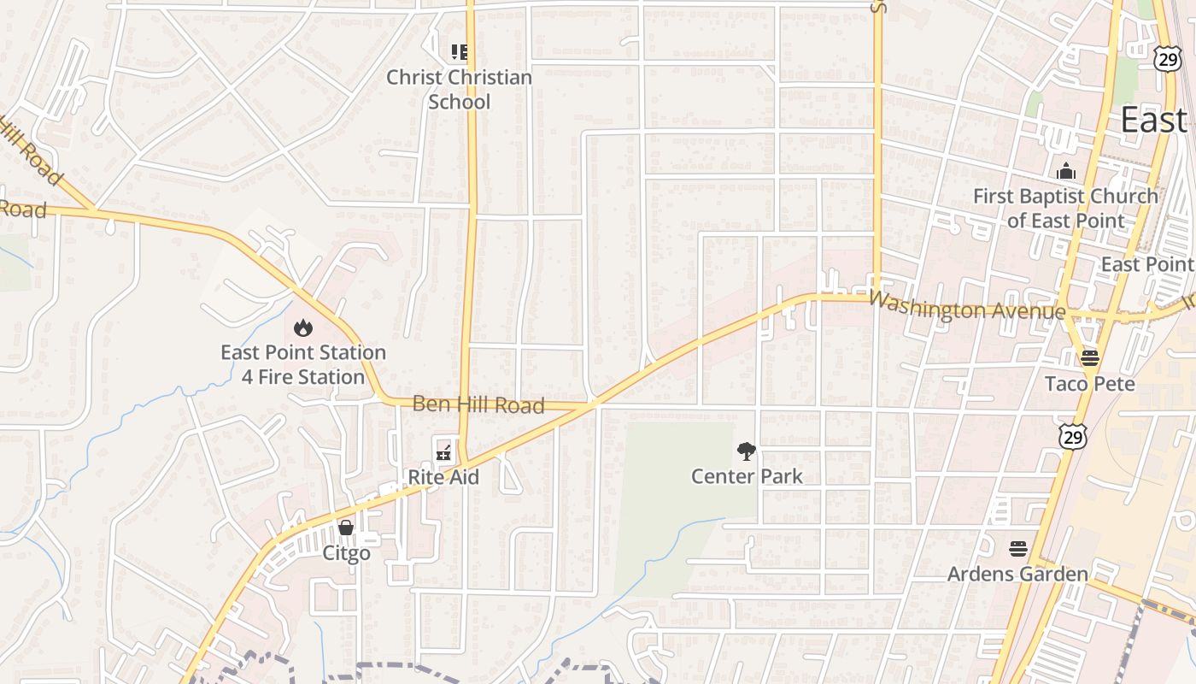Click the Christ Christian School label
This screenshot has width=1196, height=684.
pyautogui.click(x=459, y=89)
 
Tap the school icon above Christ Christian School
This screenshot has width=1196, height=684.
pyautogui.click(x=460, y=52)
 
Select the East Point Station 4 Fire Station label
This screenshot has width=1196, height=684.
pyautogui.click(x=303, y=364)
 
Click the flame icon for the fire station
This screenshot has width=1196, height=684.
pyautogui.click(x=302, y=327)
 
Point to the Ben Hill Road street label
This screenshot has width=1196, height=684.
pyautogui.click(x=478, y=404)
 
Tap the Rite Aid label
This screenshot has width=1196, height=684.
pyautogui.click(x=443, y=477)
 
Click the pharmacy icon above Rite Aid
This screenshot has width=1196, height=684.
pyautogui.click(x=443, y=448)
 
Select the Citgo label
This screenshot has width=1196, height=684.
pyautogui.click(x=346, y=553)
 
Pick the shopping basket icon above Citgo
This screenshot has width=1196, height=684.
pyautogui.click(x=346, y=527)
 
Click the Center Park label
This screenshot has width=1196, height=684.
pyautogui.click(x=747, y=476)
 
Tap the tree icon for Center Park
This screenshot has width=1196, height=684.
pyautogui.click(x=747, y=451)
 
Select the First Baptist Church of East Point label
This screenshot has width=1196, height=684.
pyautogui.click(x=1065, y=208)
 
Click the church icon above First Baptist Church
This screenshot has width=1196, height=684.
pyautogui.click(x=1065, y=172)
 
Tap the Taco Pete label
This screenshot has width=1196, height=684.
pyautogui.click(x=1090, y=384)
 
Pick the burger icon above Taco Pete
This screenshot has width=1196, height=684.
pyautogui.click(x=1089, y=357)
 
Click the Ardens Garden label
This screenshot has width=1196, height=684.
pyautogui.click(x=1017, y=574)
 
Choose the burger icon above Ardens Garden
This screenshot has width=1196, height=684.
pyautogui.click(x=1017, y=547)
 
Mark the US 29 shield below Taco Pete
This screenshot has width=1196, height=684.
pyautogui.click(x=1071, y=436)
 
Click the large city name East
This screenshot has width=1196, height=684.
pyautogui.click(x=1153, y=121)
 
